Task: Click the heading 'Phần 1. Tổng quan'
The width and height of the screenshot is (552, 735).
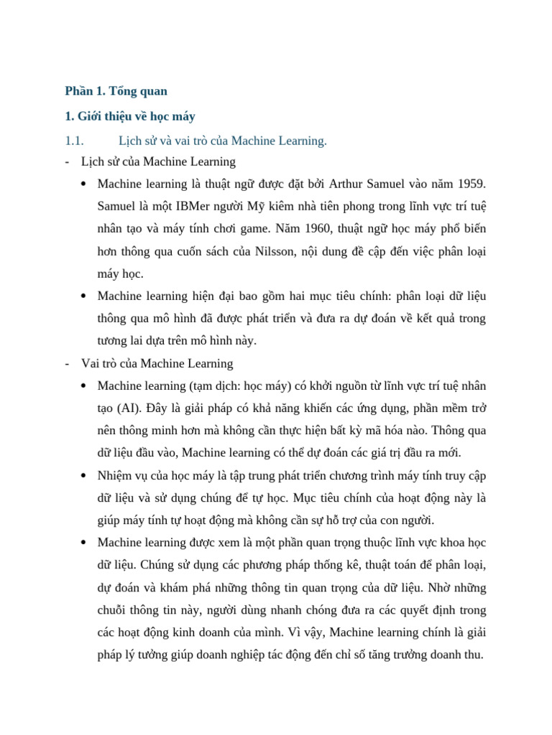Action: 116,91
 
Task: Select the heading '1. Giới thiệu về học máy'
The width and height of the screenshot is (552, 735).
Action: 130,116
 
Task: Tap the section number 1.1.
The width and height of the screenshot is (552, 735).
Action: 75,141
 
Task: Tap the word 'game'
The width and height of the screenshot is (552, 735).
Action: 293,228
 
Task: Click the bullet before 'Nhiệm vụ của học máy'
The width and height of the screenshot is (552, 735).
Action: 84,476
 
